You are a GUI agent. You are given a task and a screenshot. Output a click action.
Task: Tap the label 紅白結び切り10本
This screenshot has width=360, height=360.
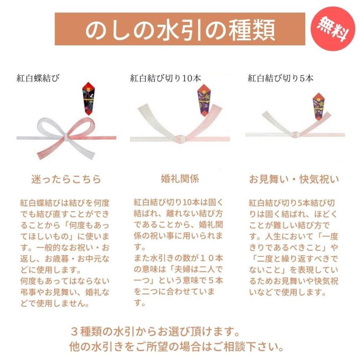165,78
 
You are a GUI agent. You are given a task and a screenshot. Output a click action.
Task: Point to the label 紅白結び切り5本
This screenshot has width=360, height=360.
280,78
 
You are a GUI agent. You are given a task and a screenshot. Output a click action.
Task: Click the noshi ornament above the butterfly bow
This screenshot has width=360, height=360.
88,97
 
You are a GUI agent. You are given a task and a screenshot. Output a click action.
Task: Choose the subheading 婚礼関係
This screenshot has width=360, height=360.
180,179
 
